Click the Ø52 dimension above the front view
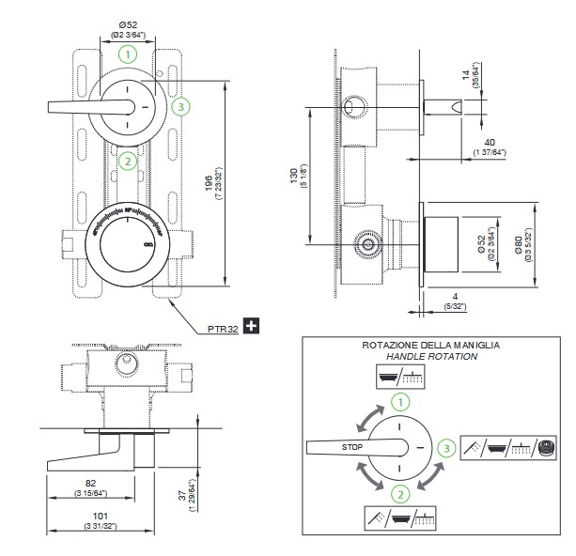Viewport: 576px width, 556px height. (x=129, y=23)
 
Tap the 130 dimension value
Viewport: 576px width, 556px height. (x=292, y=176)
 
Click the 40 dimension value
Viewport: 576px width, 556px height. (x=490, y=143)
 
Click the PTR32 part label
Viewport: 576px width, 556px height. (x=224, y=329)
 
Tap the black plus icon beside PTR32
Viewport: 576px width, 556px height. (x=251, y=327)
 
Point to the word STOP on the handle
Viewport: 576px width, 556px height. (x=352, y=447)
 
